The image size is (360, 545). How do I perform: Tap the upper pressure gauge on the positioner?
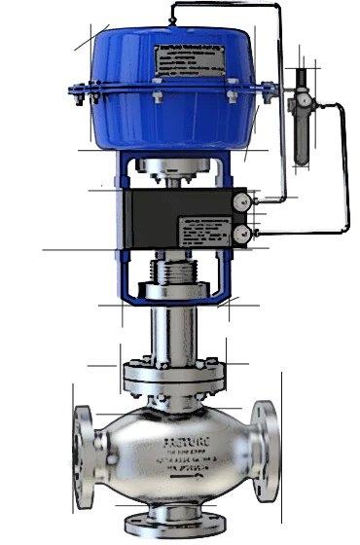coord(240,201)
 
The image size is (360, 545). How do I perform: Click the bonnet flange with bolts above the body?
coord(170,374)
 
